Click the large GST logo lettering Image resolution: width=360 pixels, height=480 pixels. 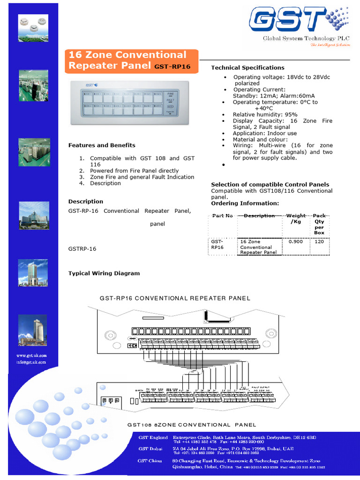[286, 21]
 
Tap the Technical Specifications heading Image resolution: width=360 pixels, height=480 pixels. [247, 67]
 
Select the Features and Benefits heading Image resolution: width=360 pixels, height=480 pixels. [102, 145]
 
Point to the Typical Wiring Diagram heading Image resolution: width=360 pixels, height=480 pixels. [104, 273]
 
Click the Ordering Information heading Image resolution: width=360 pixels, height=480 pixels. [245, 203]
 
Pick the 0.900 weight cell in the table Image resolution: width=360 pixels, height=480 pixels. [296, 242]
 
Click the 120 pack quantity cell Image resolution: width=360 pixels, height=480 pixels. [319, 242]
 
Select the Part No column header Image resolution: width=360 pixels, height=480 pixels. [222, 216]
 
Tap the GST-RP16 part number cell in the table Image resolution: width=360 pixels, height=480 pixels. [217, 244]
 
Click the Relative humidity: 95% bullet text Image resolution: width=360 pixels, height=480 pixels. [265, 114]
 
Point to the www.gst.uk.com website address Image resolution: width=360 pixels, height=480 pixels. [32, 356]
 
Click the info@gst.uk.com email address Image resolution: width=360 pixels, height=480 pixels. [32, 362]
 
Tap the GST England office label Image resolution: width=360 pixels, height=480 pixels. [153, 437]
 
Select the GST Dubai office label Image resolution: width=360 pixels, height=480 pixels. [150, 449]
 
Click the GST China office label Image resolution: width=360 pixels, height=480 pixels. [150, 461]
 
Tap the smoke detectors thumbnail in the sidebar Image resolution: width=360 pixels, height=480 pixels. [33, 28]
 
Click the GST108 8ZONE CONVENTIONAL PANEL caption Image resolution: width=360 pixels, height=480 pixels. [192, 425]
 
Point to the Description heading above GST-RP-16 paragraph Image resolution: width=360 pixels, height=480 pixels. [86, 202]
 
